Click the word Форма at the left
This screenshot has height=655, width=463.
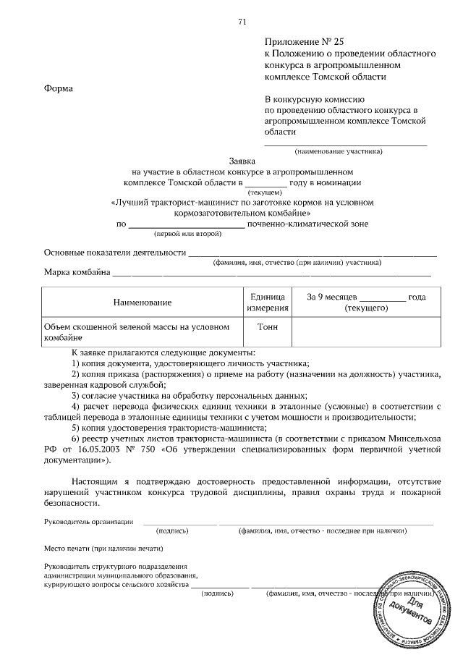click(59, 88)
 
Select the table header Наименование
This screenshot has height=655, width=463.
click(142, 302)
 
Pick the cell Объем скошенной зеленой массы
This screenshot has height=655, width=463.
click(137, 331)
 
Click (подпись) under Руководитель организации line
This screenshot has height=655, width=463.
click(174, 531)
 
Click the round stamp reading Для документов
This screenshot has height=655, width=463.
click(412, 609)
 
